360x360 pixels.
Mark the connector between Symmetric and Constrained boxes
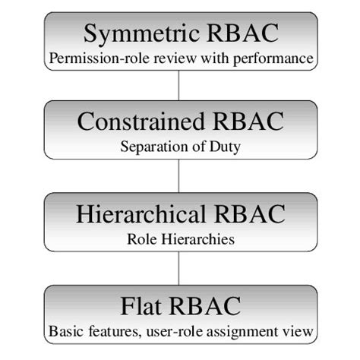point(179,87)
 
